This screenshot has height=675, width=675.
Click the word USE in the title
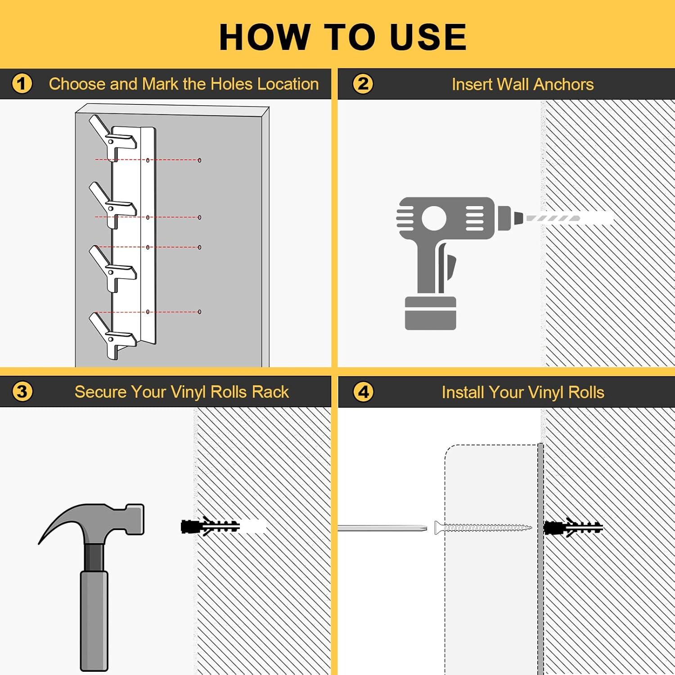(x=428, y=37)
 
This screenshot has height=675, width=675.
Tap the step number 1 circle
(x=22, y=84)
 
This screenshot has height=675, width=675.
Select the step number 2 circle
(x=363, y=84)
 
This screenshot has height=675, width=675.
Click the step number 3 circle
(x=22, y=391)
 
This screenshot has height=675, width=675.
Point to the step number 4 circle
(x=363, y=391)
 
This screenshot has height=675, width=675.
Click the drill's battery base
(x=431, y=313)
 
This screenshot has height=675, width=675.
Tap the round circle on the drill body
(x=434, y=218)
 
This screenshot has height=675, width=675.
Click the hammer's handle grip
(x=94, y=621)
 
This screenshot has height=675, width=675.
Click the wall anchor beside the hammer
(x=211, y=526)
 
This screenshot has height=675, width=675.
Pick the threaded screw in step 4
(x=483, y=527)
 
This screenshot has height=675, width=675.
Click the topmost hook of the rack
(x=112, y=137)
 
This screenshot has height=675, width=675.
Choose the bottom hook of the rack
(x=112, y=335)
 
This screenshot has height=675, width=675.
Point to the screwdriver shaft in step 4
(x=382, y=527)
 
